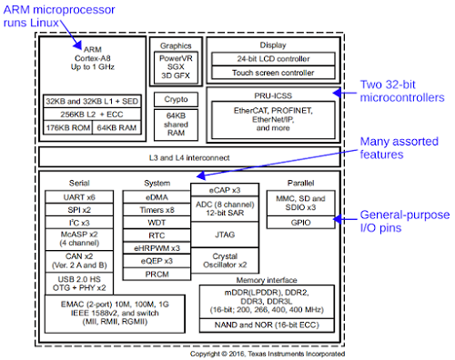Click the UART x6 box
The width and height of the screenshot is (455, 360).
[79, 197]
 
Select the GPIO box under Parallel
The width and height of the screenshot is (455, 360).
[300, 222]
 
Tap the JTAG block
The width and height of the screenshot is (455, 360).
[225, 235]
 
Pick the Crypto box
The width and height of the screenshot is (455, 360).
[176, 99]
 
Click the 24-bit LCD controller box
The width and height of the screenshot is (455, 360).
[273, 59]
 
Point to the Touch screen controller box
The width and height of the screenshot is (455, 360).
[273, 73]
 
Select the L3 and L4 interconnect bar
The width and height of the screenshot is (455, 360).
[189, 157]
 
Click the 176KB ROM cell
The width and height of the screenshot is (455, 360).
[68, 127]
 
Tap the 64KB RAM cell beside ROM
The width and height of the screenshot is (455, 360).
[116, 127]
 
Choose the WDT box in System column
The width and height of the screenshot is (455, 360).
[157, 223]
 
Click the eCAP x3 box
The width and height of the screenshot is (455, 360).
[225, 190]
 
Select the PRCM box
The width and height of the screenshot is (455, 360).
[157, 274]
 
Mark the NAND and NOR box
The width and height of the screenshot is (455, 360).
[267, 325]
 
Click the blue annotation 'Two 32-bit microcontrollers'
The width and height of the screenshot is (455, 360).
[402, 91]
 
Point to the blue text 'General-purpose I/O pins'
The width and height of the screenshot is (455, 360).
[405, 221]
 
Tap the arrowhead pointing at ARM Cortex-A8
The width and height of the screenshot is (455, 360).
[77, 45]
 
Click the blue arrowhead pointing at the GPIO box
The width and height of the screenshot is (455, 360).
[338, 219]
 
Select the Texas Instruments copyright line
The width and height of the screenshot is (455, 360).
[268, 354]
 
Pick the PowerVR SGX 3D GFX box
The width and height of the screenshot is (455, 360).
[176, 67]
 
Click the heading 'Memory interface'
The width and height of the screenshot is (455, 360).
[267, 280]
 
